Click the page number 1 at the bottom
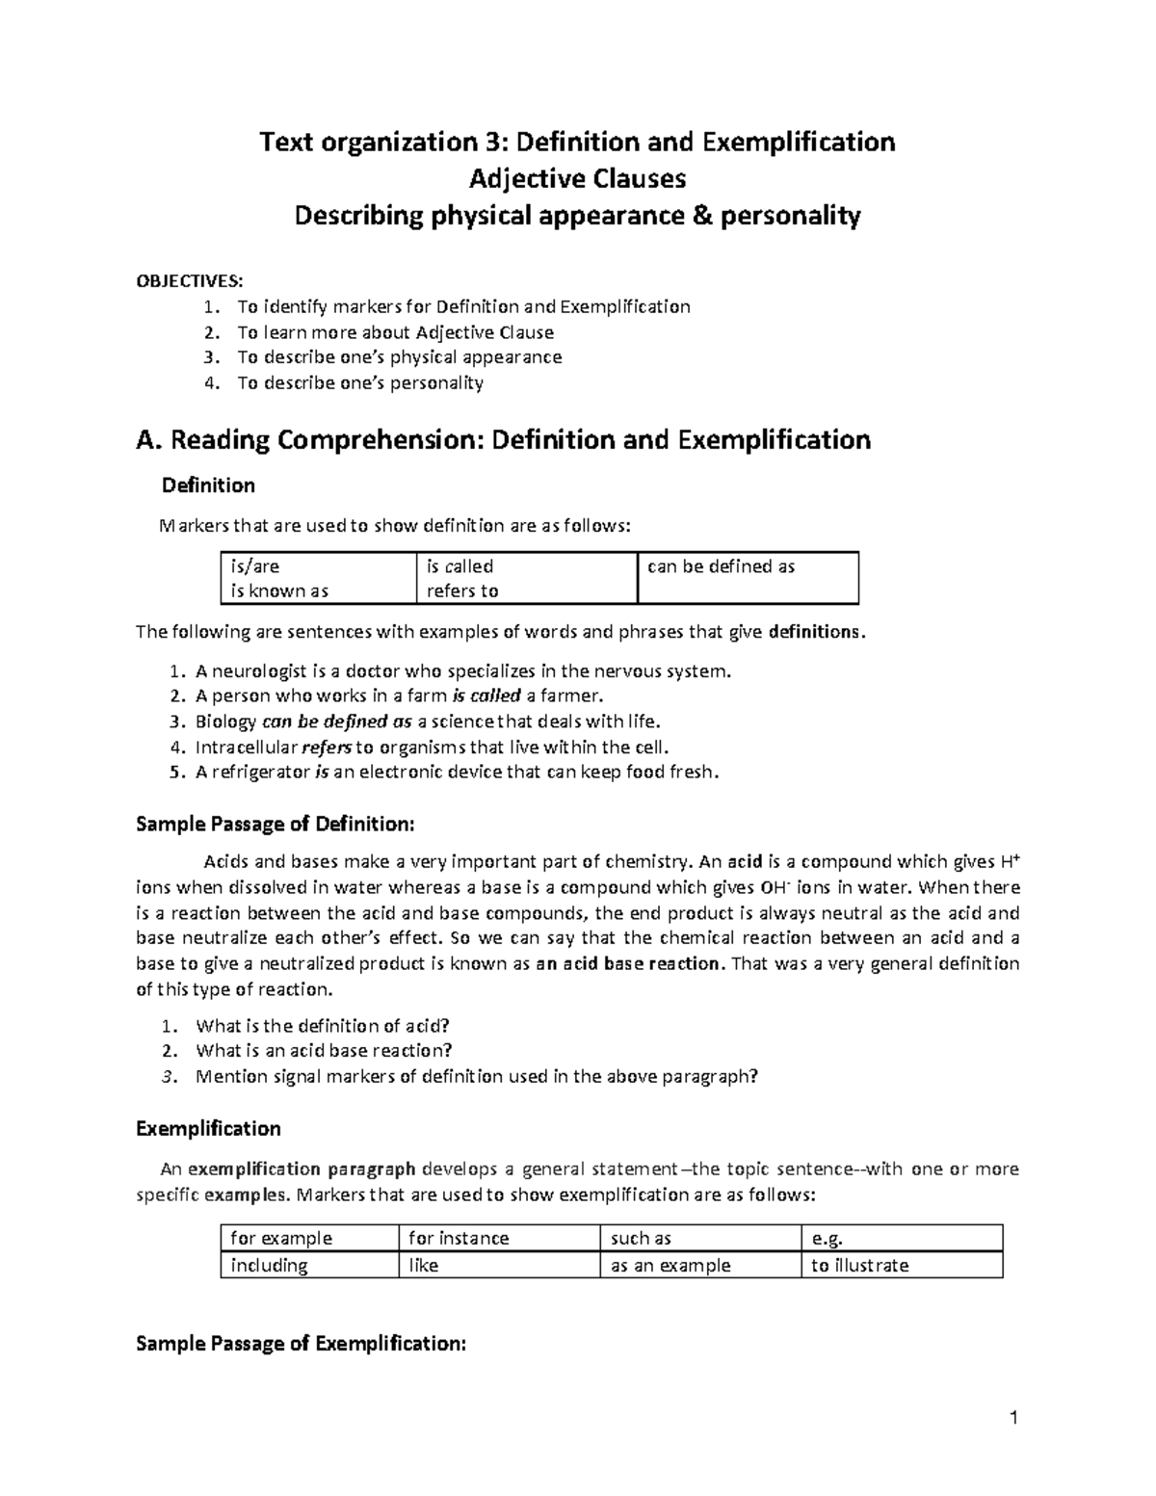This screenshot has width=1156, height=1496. (1013, 1417)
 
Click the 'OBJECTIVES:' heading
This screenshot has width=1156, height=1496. (190, 280)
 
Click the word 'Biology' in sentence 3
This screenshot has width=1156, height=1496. (225, 722)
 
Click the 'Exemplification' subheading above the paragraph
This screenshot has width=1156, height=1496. (208, 1128)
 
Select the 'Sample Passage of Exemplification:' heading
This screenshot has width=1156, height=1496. (301, 1344)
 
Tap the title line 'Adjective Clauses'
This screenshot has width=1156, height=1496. (577, 179)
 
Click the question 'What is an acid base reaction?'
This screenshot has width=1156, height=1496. (324, 1050)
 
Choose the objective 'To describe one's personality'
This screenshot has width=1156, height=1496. (360, 382)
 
